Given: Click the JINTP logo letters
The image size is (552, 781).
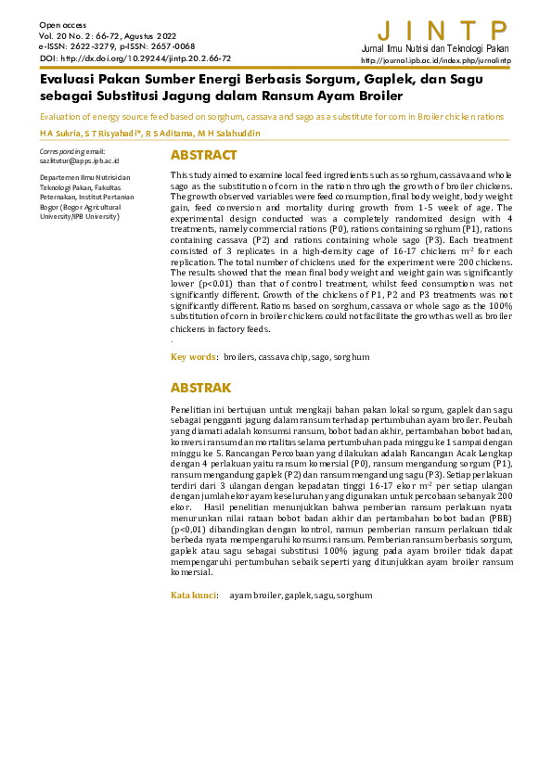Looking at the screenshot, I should [x=444, y=30].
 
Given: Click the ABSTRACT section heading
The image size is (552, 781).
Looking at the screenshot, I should [x=203, y=155].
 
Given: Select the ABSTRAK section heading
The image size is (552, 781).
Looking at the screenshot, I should [x=201, y=388].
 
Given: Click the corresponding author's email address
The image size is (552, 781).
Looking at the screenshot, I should [x=73, y=160].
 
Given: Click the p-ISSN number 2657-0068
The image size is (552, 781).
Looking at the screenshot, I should [x=173, y=45].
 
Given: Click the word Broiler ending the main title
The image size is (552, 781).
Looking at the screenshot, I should [x=376, y=96].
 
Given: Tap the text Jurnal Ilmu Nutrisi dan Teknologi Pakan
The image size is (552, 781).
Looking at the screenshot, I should [x=436, y=47].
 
